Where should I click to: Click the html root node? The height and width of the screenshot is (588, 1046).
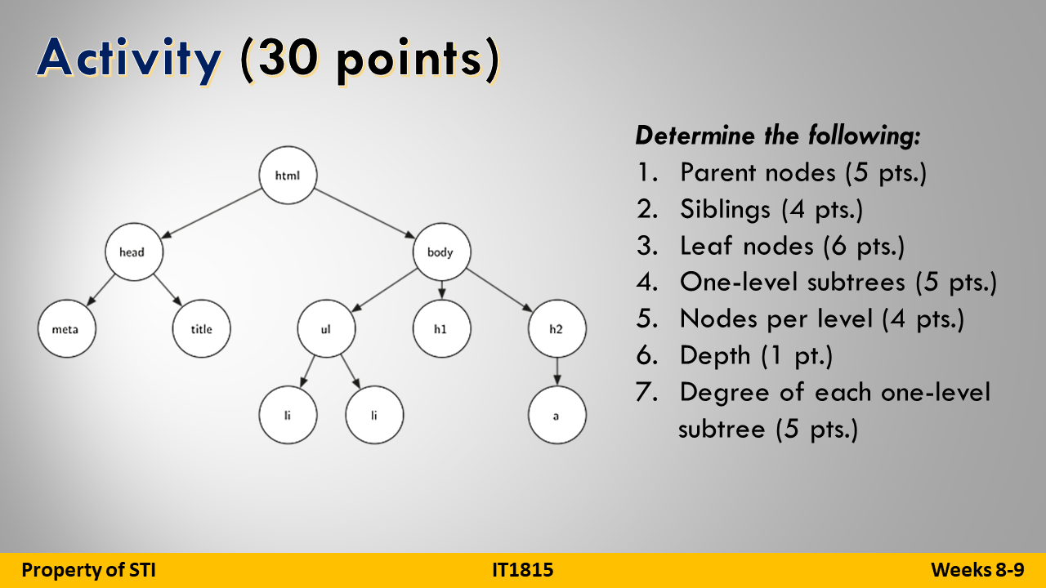coord(287,175)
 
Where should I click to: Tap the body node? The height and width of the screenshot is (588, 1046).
coord(440,252)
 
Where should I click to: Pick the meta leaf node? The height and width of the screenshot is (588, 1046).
coord(67,329)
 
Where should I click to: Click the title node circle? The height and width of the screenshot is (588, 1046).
coord(202,329)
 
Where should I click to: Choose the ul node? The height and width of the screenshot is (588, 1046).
coord(325,329)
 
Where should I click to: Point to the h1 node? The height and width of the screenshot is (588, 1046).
coord(441,329)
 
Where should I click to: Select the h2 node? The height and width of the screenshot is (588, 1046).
coord(557,329)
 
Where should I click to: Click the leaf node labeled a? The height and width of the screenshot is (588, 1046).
coord(557,415)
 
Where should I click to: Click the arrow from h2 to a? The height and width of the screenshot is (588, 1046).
coord(557,372)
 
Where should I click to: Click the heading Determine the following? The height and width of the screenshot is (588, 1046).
coord(778,136)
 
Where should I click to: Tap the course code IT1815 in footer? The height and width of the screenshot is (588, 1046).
coord(522,570)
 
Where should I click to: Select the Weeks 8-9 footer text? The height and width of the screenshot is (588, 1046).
coord(977,570)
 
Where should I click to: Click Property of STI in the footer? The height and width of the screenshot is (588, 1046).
coord(88,570)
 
